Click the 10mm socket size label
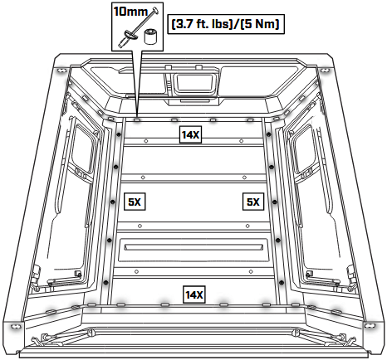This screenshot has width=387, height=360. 130,12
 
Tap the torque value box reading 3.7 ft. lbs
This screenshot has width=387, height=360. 226,24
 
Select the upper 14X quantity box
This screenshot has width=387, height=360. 190,135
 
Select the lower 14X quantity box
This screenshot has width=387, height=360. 194,294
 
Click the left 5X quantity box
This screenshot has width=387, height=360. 135,202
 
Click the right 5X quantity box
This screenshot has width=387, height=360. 253,202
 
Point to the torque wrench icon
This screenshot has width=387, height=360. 139,27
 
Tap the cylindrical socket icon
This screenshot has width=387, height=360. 150,36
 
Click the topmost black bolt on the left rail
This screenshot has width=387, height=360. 119,134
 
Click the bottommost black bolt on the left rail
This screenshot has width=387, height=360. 105,283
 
